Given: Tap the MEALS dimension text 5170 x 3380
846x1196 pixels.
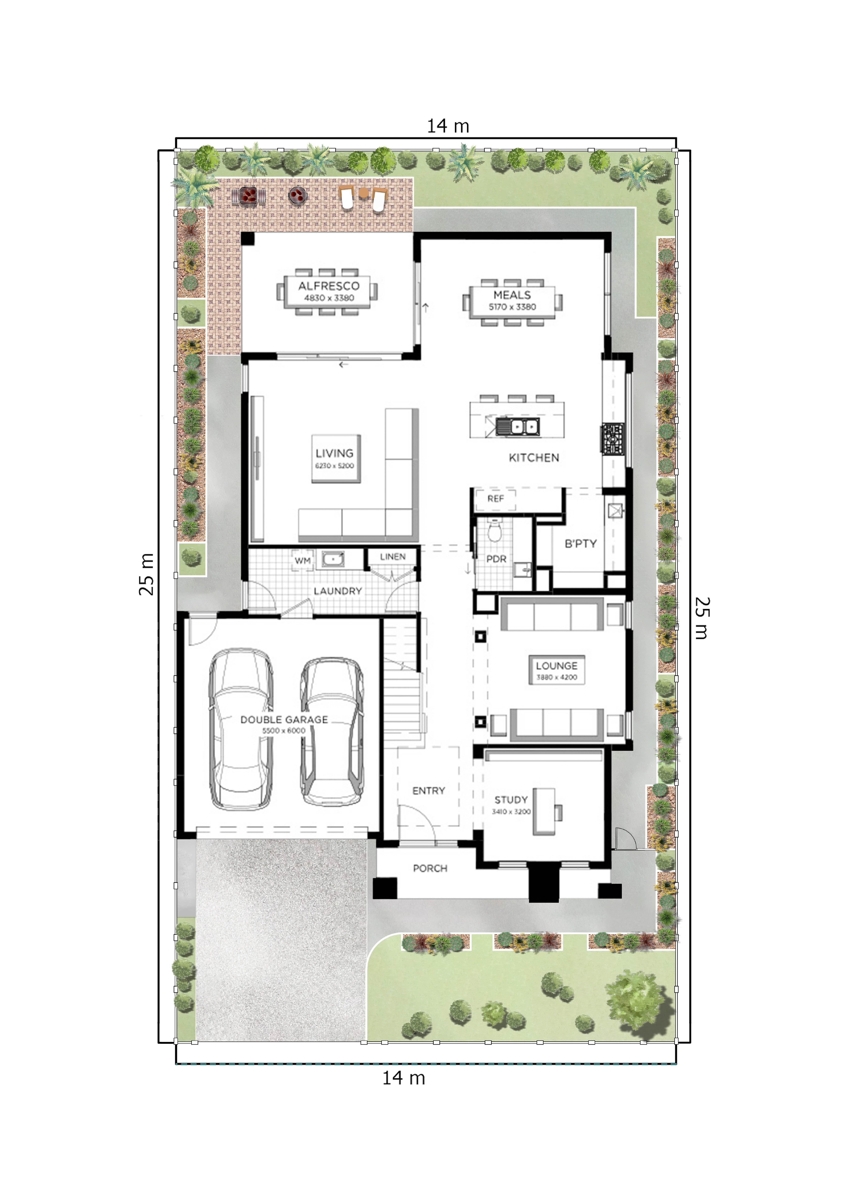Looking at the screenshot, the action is (x=512, y=307).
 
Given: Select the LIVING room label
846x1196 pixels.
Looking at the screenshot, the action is (x=334, y=453).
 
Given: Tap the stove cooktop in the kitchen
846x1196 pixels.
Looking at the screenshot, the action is (x=613, y=438).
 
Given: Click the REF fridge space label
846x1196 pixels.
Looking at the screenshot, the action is (x=495, y=499).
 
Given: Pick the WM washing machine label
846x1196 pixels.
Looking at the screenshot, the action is (x=303, y=560).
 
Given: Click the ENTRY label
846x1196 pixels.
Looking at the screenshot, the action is (x=429, y=791).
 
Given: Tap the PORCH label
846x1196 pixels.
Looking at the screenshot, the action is (x=430, y=868).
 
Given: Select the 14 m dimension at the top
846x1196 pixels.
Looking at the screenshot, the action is (x=448, y=126).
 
